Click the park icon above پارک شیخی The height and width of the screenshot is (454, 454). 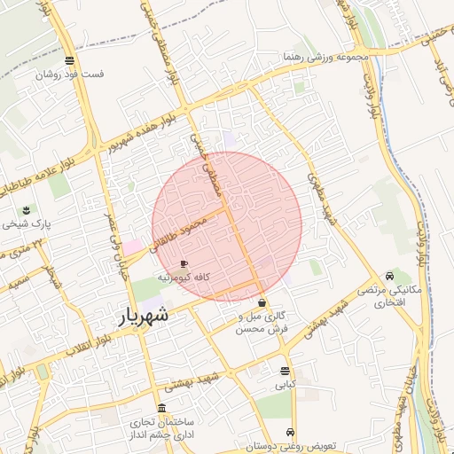[x=27, y=210]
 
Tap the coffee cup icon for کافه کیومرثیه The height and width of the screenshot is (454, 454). [x=184, y=263]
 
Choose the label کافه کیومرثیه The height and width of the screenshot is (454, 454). [x=184, y=278]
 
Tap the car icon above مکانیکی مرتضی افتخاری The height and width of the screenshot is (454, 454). [x=390, y=275]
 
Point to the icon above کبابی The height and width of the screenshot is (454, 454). [x=285, y=371]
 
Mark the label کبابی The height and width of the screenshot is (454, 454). [x=285, y=385]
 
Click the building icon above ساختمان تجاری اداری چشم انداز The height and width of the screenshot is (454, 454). [x=160, y=408]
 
